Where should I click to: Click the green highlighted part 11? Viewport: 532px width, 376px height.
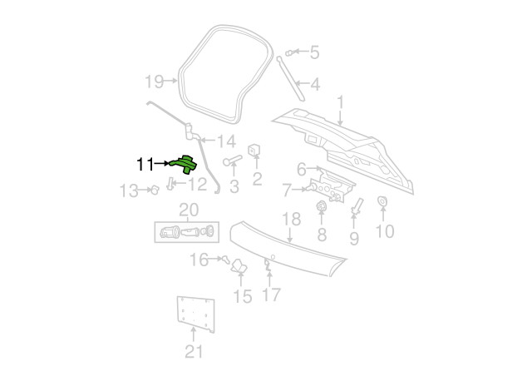(x=185, y=164)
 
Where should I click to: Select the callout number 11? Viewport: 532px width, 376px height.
(x=145, y=165)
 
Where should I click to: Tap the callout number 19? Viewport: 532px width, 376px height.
(x=154, y=82)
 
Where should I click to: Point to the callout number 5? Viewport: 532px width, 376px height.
(x=314, y=52)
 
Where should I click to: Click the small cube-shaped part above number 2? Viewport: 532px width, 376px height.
(x=254, y=150)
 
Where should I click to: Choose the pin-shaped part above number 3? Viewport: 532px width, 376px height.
(x=233, y=160)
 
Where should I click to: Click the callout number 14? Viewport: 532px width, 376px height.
(x=226, y=141)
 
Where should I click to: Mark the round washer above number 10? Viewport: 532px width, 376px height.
(x=382, y=201)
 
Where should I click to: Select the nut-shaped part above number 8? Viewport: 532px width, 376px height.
(x=321, y=206)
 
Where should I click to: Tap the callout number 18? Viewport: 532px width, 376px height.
(x=292, y=219)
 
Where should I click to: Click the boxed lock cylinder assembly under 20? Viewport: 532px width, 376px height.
(x=186, y=232)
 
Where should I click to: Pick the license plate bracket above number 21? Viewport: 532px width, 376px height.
(x=196, y=314)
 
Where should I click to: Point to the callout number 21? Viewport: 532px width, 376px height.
(x=194, y=352)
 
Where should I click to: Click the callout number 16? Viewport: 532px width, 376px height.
(x=199, y=260)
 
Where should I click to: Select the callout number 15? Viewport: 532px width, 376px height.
(x=243, y=296)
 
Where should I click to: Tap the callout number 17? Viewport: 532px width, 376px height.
(x=272, y=294)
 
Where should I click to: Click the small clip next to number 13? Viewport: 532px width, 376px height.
(x=155, y=190)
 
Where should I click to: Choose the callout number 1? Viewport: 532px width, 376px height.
(x=340, y=102)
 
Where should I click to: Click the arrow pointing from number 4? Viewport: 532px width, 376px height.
(x=302, y=83)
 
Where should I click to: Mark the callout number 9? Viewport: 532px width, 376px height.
(x=354, y=239)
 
